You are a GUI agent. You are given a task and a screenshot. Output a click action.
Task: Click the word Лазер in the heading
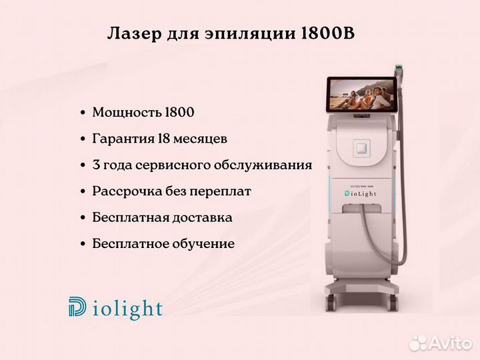coord(134,34)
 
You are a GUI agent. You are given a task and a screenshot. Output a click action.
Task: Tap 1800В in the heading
coord(328,33)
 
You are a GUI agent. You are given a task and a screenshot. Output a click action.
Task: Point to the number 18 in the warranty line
coord(164,139)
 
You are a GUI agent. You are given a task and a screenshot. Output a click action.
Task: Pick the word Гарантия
coord(123,139)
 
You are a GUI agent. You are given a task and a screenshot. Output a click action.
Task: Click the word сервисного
coord(173,165)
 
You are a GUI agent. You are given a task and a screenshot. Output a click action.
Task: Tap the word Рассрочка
coord(127,191)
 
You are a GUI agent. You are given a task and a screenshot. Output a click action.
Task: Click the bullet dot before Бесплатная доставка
coord(83,218)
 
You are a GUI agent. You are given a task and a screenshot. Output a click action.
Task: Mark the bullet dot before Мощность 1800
coord(83,113)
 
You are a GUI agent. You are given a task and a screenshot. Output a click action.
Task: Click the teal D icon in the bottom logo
coord(77,307)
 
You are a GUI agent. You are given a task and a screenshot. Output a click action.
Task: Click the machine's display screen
coord(361,95)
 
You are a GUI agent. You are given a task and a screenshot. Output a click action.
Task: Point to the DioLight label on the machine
coord(361,193)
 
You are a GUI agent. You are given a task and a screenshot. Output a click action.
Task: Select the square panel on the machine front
coord(362,149)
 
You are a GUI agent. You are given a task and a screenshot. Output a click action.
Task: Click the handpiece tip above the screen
coord(399,67)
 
